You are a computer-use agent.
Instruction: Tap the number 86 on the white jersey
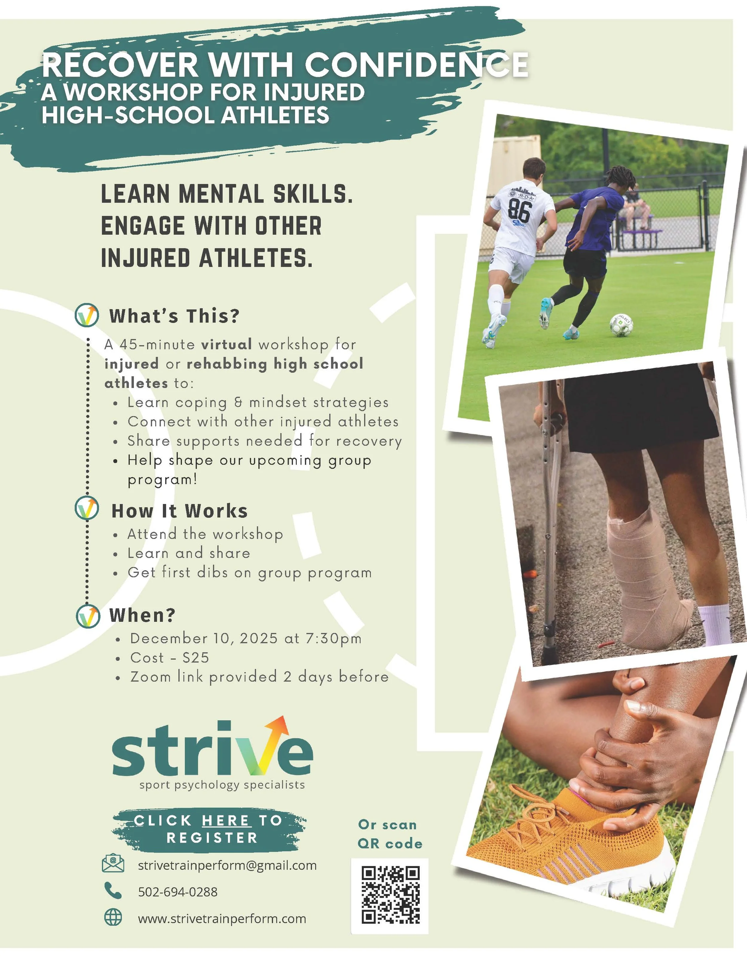pos(519,211)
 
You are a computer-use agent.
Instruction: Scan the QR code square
pos(390,895)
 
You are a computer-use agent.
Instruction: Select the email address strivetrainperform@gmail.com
pos(227,865)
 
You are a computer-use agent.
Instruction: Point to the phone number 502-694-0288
pos(178,892)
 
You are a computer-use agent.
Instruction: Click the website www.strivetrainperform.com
pos(222,918)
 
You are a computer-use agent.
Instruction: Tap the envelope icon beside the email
pos(113,863)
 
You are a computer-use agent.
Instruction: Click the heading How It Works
pos(179,511)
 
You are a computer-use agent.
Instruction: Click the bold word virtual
pos(226,344)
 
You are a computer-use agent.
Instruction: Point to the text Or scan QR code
pos(389,834)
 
